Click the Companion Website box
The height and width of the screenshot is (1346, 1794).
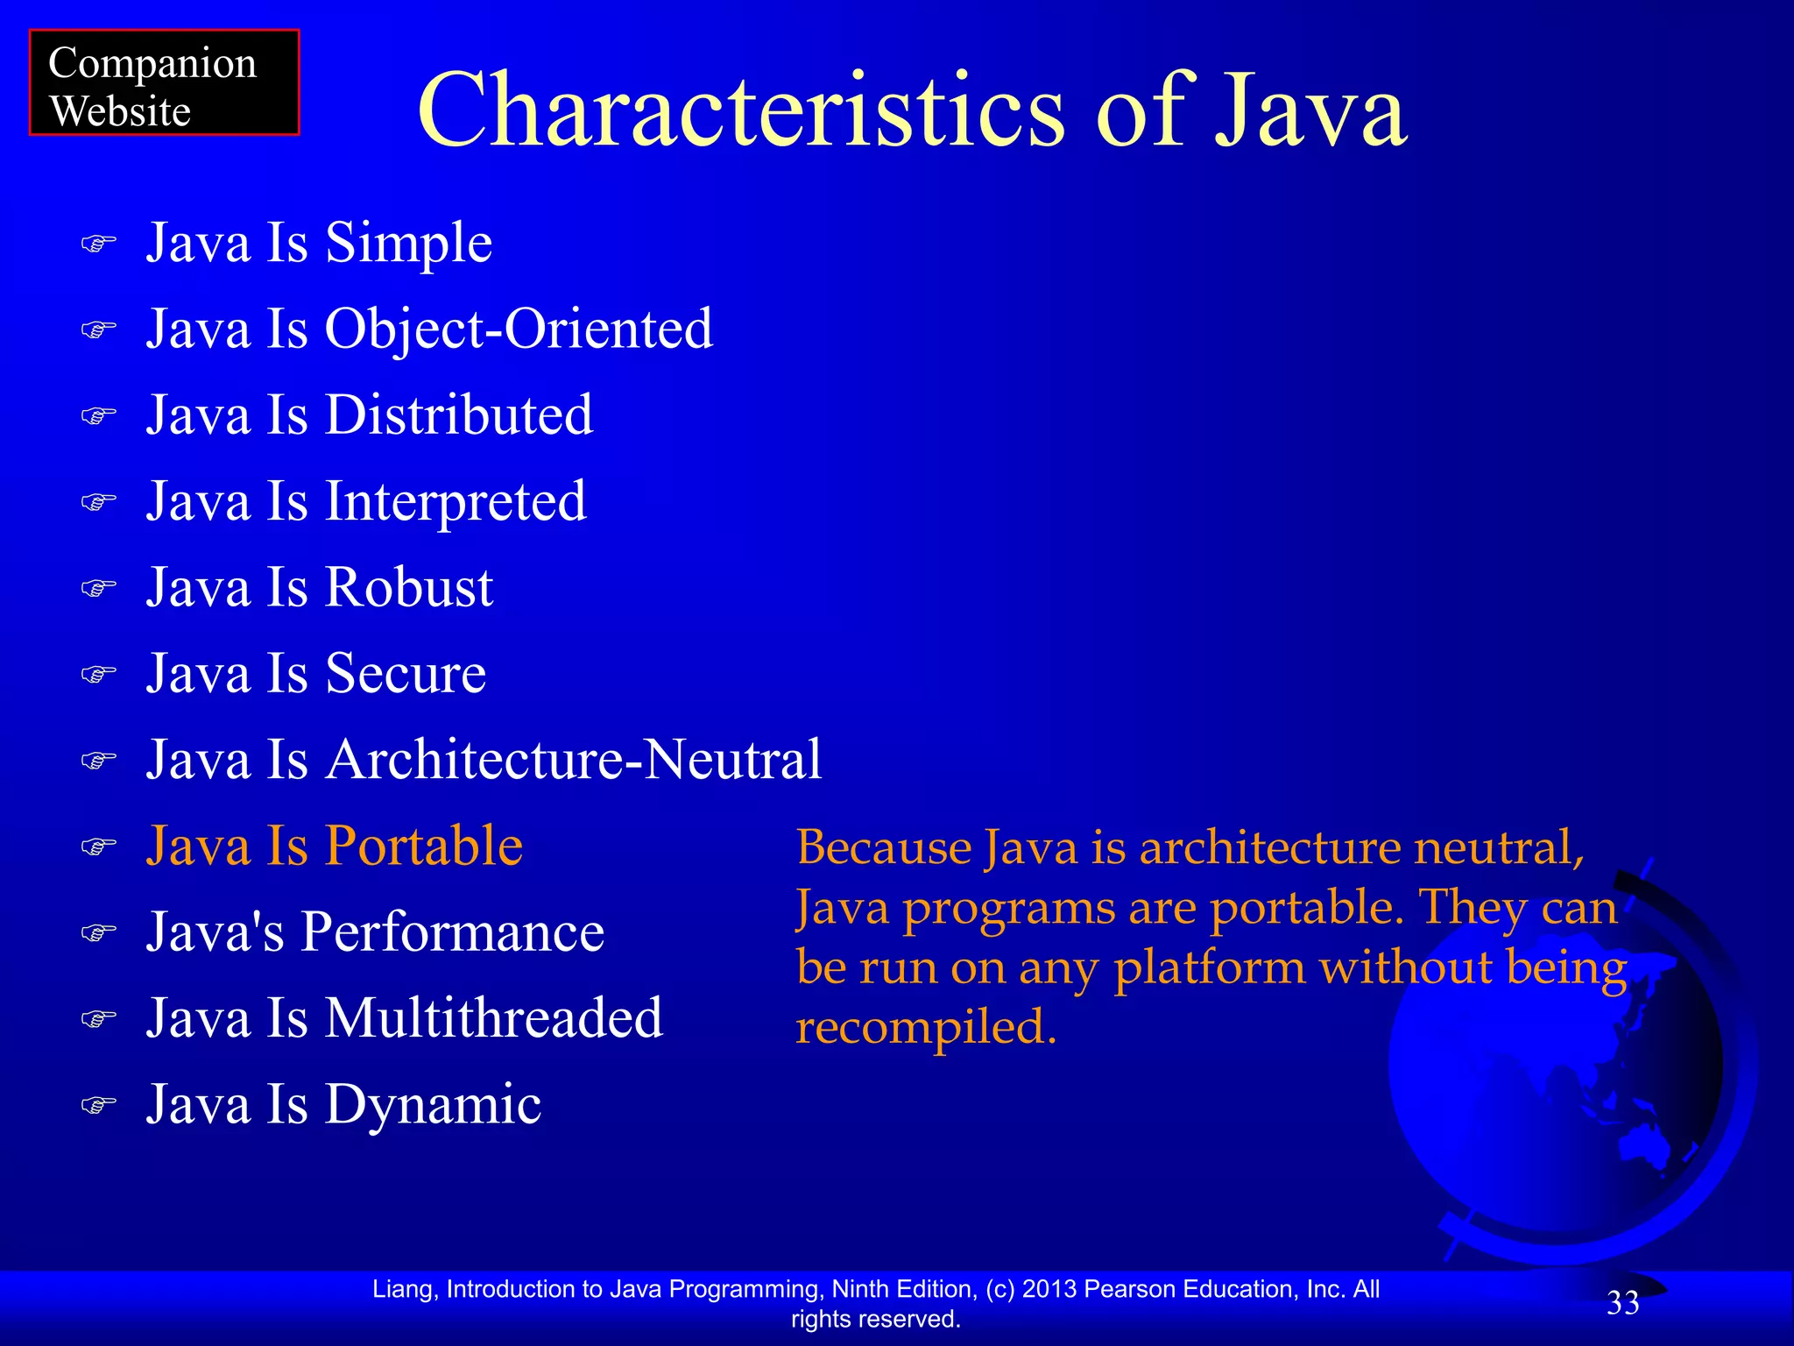[164, 83]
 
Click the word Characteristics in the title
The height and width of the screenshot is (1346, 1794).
[741, 111]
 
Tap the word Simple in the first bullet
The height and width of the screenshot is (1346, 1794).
[408, 244]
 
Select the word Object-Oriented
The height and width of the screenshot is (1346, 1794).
[519, 329]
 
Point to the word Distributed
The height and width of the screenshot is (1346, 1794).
[458, 415]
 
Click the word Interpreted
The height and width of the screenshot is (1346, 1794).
[456, 502]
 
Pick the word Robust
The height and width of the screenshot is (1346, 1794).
[409, 587]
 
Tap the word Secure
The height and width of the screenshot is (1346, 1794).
[406, 674]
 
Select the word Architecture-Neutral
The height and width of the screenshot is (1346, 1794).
[574, 760]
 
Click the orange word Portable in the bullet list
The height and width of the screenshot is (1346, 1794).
[424, 847]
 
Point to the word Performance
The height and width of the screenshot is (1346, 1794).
[453, 932]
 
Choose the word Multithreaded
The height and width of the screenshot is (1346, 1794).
[494, 1018]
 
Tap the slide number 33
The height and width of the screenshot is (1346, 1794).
[1622, 1304]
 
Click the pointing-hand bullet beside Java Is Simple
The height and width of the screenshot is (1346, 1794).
[98, 244]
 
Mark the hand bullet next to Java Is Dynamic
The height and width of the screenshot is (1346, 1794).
[98, 1105]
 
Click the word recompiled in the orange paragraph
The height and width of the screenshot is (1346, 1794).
[925, 1027]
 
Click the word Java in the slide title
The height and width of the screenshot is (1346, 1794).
[1310, 111]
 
